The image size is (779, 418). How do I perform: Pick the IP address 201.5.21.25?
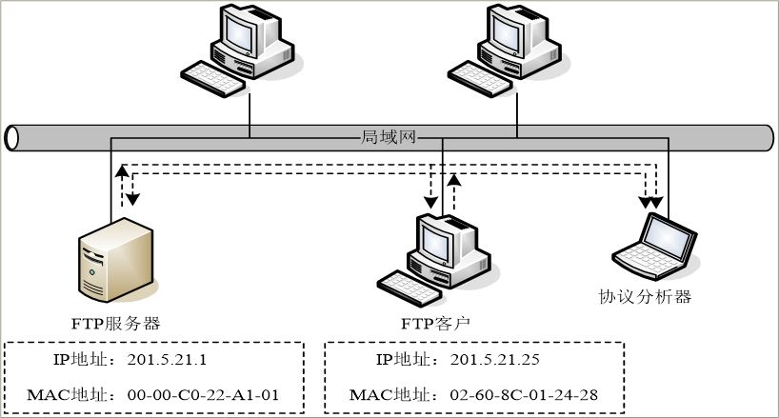(x=493, y=361)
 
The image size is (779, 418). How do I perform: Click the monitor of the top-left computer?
(x=241, y=33)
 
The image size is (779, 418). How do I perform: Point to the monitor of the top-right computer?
(x=508, y=33)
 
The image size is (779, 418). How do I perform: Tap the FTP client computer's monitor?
(x=438, y=241)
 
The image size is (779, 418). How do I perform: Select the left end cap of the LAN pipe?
(x=12, y=137)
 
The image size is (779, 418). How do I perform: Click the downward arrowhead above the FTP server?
(x=133, y=199)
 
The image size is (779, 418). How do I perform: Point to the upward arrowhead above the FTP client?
(x=454, y=179)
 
